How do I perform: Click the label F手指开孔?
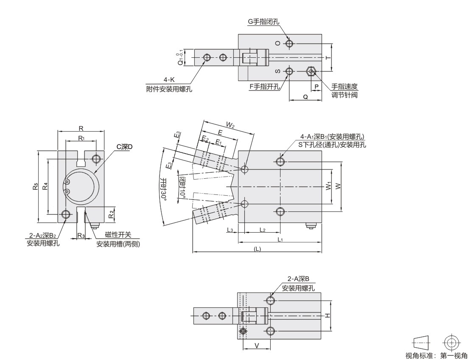[x=265, y=87]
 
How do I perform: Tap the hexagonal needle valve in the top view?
[x=311, y=71]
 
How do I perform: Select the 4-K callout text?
[x=169, y=80]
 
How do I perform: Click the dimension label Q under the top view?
[x=305, y=97]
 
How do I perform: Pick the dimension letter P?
[x=316, y=87]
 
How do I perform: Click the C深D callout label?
[x=124, y=146]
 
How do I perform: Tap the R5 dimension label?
[x=36, y=186]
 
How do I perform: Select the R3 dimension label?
[x=81, y=235]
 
